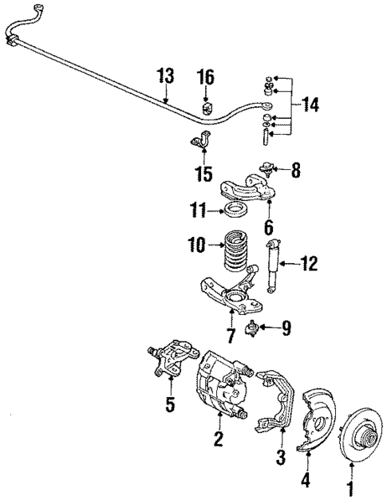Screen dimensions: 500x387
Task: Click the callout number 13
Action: point(165,77)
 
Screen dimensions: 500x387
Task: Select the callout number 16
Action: point(206,77)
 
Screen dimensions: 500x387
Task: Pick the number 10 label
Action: point(198,242)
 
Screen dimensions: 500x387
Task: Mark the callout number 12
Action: point(309,262)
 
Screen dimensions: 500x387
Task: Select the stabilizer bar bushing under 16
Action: point(206,107)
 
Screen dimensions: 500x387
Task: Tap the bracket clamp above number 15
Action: point(200,144)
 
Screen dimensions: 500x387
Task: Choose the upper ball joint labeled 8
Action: point(267,169)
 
